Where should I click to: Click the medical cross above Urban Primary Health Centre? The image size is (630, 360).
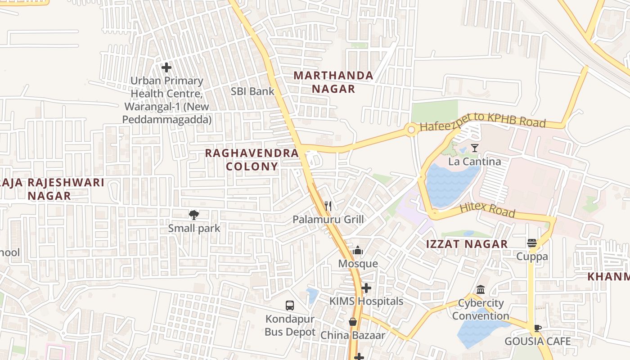tap(166, 67)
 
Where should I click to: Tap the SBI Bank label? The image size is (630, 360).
tap(252, 91)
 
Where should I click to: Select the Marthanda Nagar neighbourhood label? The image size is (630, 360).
tap(333, 82)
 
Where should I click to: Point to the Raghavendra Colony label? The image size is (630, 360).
tap(252, 160)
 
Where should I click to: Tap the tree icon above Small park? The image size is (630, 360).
tap(194, 215)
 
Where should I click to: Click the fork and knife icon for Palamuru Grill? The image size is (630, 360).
tap(328, 207)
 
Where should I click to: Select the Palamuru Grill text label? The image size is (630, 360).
tap(328, 220)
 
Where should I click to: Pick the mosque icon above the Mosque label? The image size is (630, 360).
tap(358, 250)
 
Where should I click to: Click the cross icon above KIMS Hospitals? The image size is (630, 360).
tap(366, 288)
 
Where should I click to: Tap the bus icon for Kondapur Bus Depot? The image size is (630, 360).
tap(290, 306)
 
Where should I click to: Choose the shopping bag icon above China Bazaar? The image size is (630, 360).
tap(353, 322)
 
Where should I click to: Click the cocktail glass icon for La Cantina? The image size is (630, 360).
tap(474, 148)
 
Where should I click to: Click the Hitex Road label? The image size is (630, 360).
tap(487, 210)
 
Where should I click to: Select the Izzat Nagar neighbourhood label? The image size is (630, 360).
tap(467, 244)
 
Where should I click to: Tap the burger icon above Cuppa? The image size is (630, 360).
tap(532, 243)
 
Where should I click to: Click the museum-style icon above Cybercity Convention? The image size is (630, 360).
tap(481, 289)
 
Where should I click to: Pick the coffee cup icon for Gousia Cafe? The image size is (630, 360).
tap(537, 328)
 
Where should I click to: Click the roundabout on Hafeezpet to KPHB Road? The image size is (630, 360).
tap(410, 130)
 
